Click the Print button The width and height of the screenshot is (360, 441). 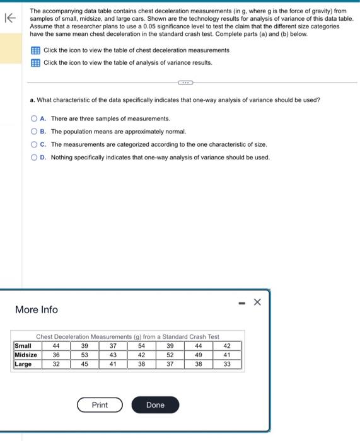pos(100,405)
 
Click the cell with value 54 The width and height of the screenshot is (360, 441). pos(141,346)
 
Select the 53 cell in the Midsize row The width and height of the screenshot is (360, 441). pos(84,355)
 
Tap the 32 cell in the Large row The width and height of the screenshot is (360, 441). pos(56,364)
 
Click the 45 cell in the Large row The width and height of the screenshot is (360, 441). pos(84,364)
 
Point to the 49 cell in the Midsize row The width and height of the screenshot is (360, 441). pos(198,355)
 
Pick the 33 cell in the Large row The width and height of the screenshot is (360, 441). pos(227,364)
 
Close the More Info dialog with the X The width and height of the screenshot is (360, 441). pos(257,302)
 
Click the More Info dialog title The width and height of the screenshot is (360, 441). pos(36,310)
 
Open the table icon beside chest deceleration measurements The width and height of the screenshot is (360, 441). pos(35,50)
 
